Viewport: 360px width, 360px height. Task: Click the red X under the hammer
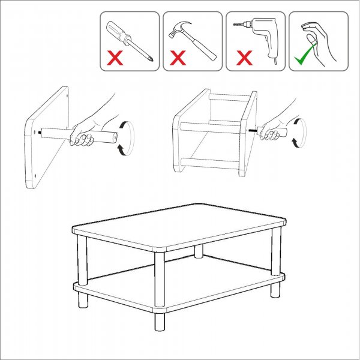[x=178, y=59]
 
